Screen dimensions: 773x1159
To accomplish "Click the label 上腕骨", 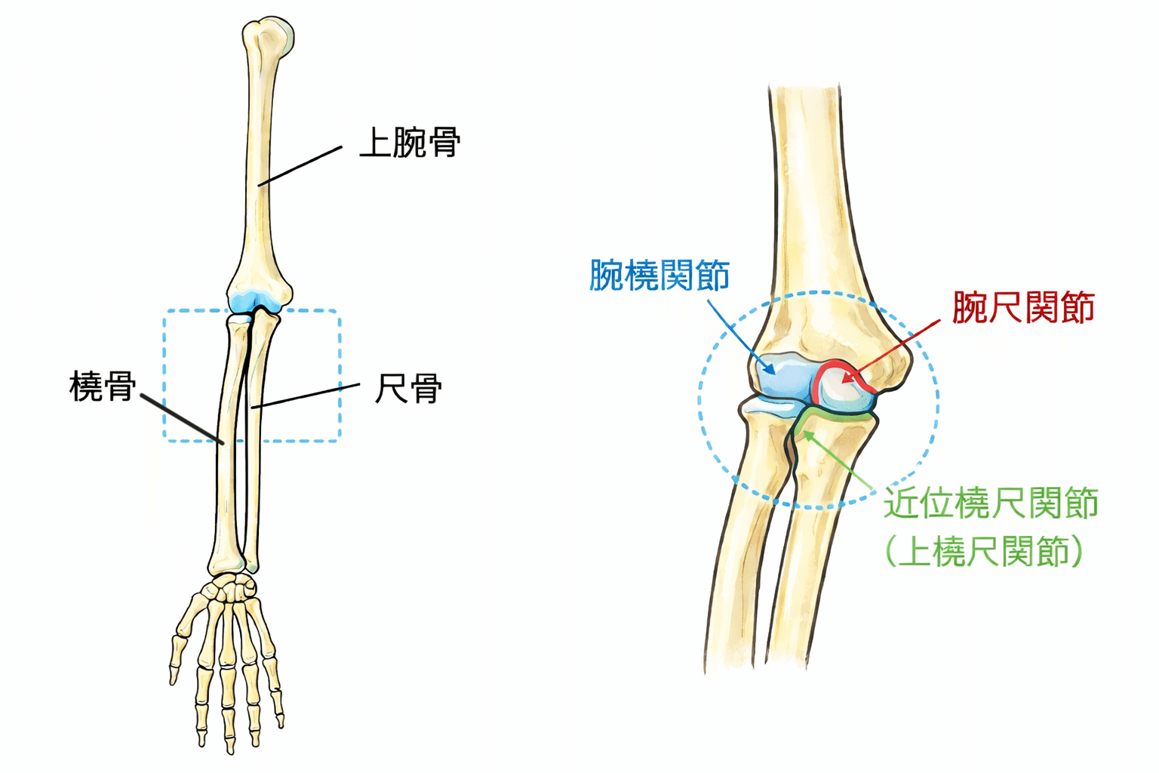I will click(410, 143).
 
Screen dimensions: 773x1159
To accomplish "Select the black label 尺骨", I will click(408, 389).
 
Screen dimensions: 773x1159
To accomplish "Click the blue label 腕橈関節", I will click(659, 275).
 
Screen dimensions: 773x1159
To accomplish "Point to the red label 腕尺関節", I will click(1022, 308).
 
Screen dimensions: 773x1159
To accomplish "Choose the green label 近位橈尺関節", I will click(991, 504).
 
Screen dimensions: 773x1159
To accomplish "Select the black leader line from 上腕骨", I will click(300, 165).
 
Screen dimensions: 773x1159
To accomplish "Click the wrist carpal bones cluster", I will click(230, 584).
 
